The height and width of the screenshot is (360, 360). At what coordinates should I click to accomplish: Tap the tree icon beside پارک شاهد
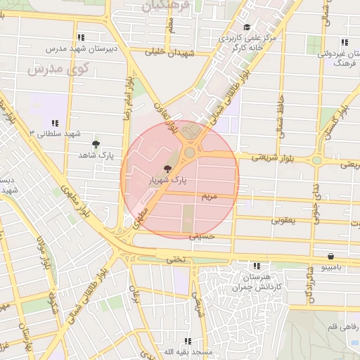click(96, 144)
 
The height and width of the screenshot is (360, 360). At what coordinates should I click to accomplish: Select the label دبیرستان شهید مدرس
click(76, 49)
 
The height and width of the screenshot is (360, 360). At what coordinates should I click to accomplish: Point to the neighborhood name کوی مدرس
click(57, 70)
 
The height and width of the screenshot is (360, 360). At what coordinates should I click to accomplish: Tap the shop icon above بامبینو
click(330, 257)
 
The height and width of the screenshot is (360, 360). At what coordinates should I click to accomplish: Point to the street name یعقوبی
click(285, 220)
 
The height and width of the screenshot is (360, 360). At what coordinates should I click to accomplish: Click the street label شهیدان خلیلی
click(169, 52)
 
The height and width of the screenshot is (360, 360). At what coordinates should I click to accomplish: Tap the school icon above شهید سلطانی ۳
click(56, 124)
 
